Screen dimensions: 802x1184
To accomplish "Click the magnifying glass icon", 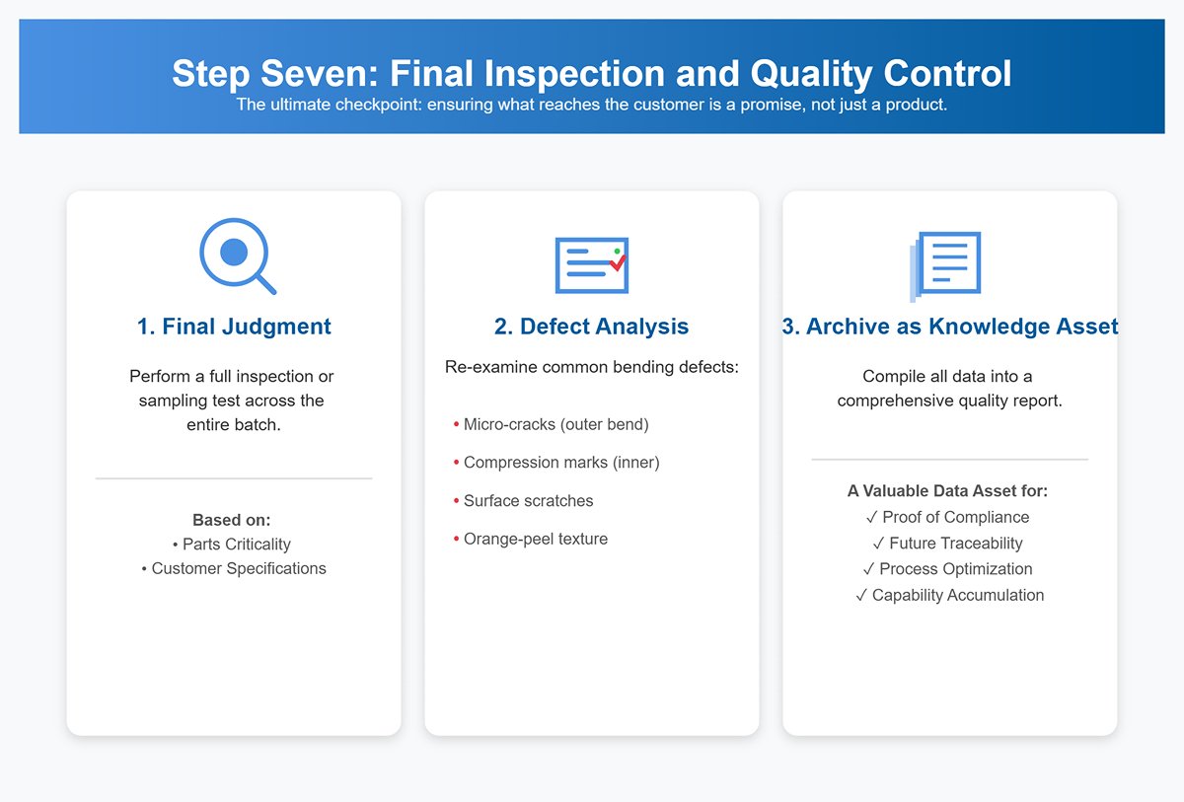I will tap(235, 255).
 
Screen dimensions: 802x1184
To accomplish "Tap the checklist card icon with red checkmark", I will tap(591, 264).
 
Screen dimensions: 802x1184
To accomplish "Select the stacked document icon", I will tap(946, 265).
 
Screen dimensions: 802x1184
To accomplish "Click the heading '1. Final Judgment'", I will tap(234, 327).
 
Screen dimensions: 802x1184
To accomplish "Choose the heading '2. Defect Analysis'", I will tap(591, 327).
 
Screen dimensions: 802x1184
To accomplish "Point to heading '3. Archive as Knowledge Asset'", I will tap(949, 327).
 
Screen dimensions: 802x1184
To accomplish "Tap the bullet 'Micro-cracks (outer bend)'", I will tap(555, 424).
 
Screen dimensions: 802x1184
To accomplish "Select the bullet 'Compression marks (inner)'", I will tap(560, 463).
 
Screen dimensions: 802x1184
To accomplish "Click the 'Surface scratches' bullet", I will tap(528, 501).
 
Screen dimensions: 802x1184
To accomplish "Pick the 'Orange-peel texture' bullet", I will tap(535, 539).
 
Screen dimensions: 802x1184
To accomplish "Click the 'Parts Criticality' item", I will tap(236, 544).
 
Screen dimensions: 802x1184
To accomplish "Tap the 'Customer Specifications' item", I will tap(238, 568).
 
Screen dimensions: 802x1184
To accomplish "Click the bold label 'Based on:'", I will tap(232, 520).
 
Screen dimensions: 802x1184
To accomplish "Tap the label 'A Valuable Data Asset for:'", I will tap(947, 490).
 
